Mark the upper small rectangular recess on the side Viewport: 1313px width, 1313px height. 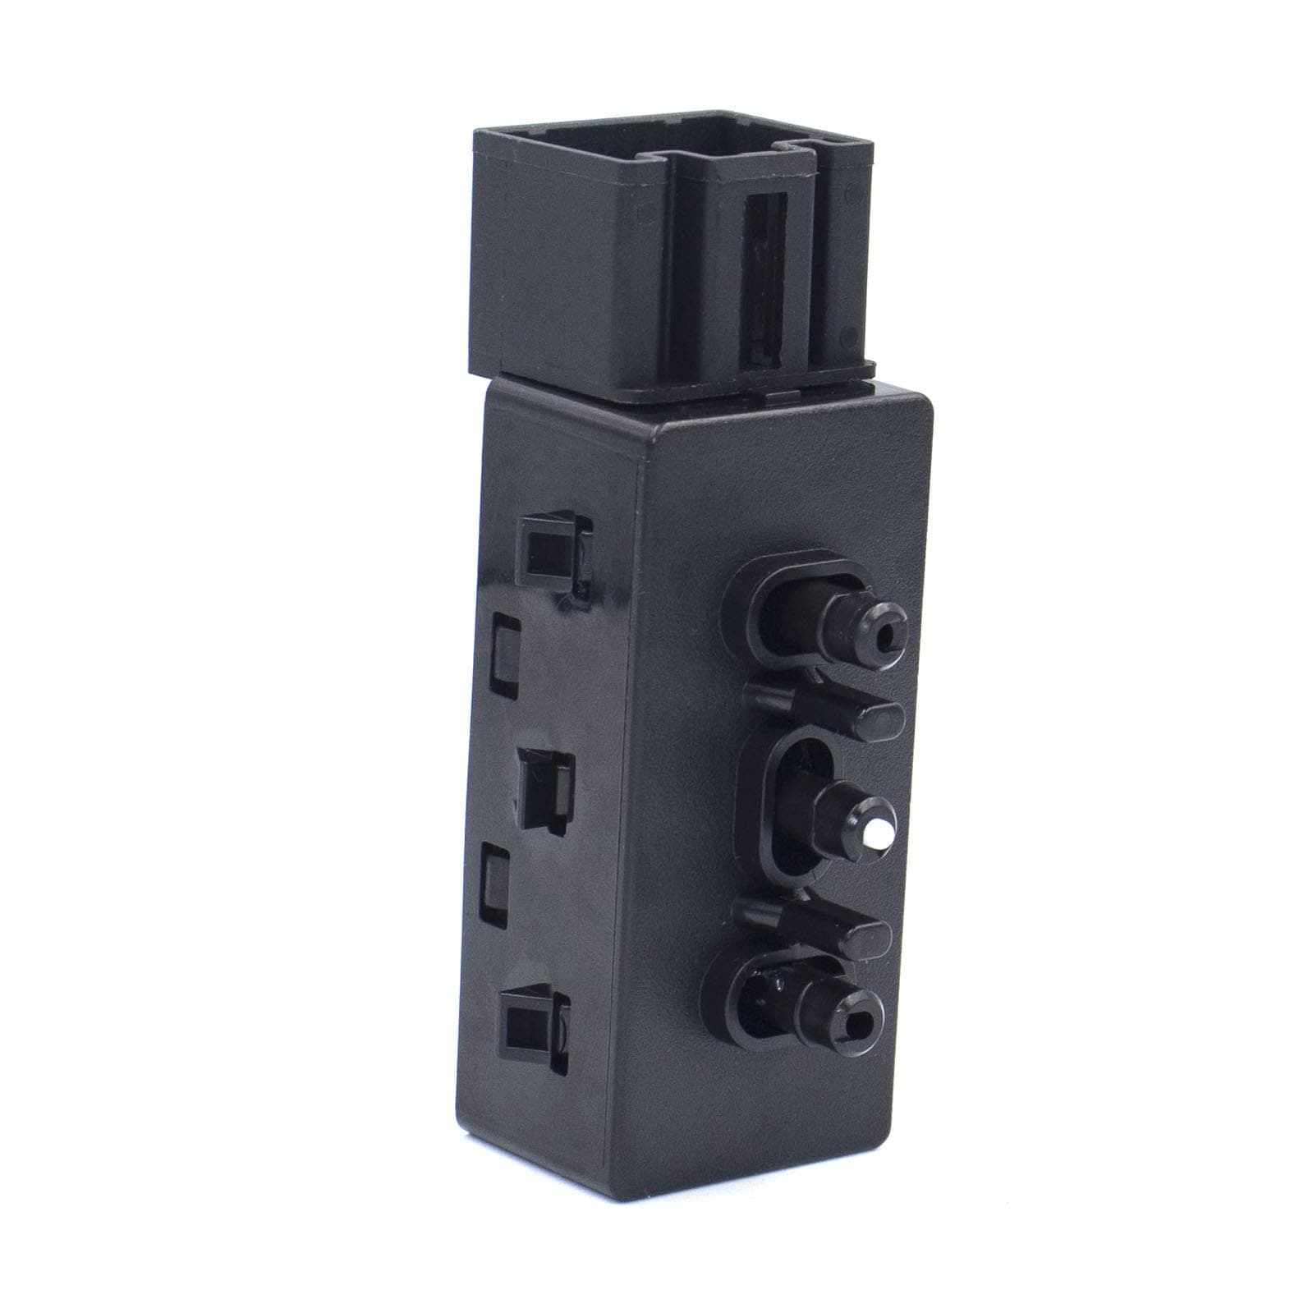pos(504,645)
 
